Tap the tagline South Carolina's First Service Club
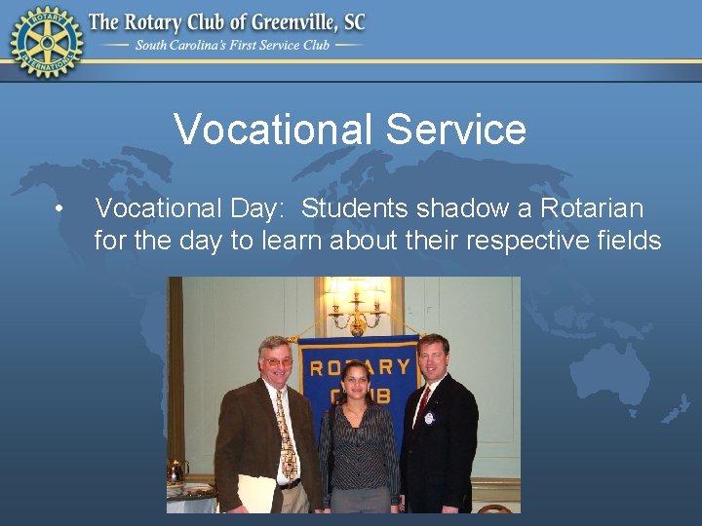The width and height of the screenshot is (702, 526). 233,45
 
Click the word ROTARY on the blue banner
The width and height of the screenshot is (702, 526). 360,367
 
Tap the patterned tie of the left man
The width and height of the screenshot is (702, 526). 285,433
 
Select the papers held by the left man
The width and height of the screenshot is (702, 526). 255,494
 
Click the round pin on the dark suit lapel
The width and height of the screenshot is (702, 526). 429,418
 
